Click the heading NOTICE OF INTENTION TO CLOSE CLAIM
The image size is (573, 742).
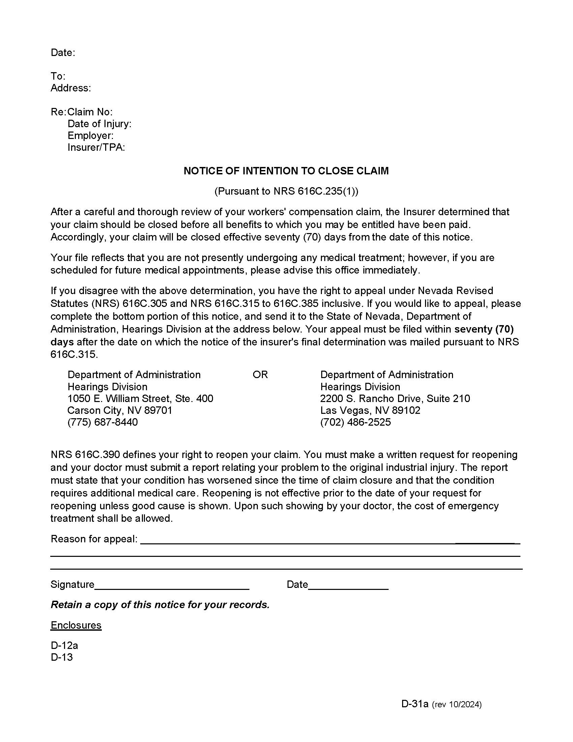(x=286, y=171)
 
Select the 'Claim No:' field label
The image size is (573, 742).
(x=90, y=112)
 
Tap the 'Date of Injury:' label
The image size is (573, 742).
(x=99, y=124)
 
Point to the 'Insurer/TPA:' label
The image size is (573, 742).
(x=96, y=147)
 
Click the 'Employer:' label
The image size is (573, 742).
(x=90, y=136)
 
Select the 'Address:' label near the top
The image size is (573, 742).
(x=70, y=88)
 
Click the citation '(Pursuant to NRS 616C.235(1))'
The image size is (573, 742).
(x=286, y=191)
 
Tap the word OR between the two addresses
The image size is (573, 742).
(x=260, y=375)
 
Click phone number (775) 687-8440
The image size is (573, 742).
(x=102, y=422)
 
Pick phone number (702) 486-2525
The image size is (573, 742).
(x=355, y=422)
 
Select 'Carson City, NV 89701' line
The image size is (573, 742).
(x=120, y=410)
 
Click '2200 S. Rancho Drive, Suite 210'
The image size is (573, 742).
(x=395, y=399)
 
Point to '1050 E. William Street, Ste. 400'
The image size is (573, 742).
(x=140, y=399)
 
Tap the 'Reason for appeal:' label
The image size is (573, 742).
(x=94, y=539)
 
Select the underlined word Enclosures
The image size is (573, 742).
(x=76, y=625)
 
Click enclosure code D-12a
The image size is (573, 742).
(x=64, y=645)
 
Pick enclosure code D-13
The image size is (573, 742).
(x=61, y=657)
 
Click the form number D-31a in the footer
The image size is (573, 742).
(x=415, y=704)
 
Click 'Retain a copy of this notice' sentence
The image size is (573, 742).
(x=159, y=605)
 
